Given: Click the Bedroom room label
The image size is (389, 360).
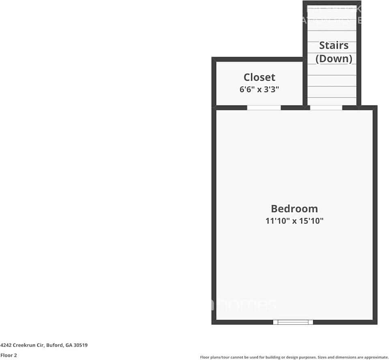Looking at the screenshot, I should coord(294,209).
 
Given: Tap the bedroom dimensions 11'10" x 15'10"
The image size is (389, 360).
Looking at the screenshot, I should coord(294,221).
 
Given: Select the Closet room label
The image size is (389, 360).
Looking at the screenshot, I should coord(259,77).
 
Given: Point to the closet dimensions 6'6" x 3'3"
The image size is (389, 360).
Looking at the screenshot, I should coord(259,90).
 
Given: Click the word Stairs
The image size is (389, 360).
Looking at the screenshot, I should coord(333,45).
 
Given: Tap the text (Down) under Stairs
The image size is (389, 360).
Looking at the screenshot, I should coord(333,58).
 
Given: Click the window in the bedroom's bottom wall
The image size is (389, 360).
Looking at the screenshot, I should coord(293,322).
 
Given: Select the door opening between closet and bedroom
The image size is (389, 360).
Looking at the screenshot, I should coord(264,107).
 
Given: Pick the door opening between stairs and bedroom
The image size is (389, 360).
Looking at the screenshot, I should coord(326,107).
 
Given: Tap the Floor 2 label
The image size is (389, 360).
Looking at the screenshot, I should coord(9,355).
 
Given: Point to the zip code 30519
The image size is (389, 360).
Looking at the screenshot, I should coord(81,345).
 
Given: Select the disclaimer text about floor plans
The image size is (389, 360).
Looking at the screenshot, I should coord(294,357).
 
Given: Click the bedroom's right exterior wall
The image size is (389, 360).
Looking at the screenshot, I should coord(375,215).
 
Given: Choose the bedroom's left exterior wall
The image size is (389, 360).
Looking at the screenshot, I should coord(214,215).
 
